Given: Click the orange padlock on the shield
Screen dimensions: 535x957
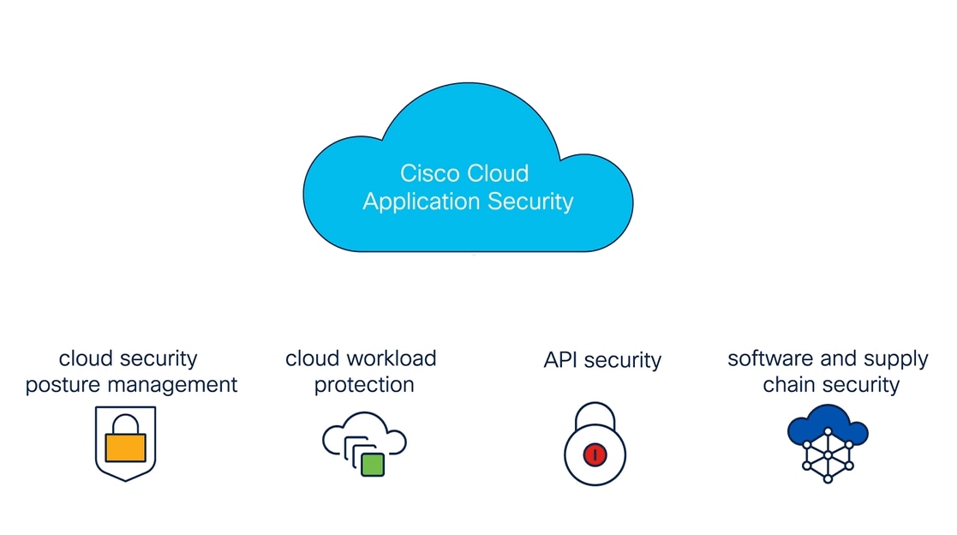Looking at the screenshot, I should tap(125, 447).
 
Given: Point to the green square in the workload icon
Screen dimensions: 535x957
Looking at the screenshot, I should tap(372, 465).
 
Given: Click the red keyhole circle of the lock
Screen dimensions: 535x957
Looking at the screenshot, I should tap(595, 455).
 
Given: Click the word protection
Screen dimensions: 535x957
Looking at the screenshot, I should tap(364, 385).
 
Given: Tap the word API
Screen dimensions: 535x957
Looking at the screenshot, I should tap(562, 360).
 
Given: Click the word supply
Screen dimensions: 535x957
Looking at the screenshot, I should tap(895, 359).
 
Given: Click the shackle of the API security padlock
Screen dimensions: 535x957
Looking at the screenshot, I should tap(595, 415).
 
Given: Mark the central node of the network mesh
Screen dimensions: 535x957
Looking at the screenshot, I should tap(828, 455).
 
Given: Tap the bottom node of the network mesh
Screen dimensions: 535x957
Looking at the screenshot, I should tap(828, 479).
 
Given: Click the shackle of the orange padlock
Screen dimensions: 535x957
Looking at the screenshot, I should tap(125, 424).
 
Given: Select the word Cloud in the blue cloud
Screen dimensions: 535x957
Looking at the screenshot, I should tap(498, 173).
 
